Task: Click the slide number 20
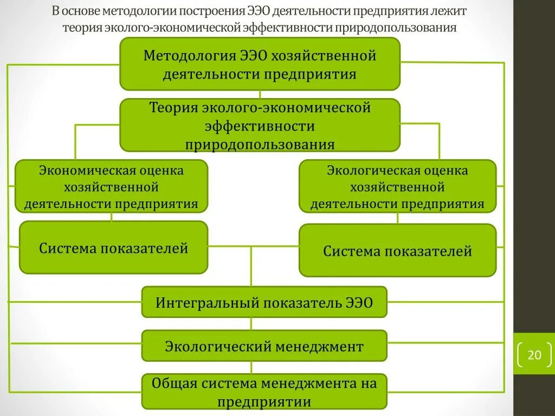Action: point(534,355)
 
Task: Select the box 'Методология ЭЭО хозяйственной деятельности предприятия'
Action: point(260,64)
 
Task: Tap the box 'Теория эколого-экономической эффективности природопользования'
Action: point(260,125)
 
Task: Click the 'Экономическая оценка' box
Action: point(111,186)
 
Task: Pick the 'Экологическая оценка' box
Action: point(397,186)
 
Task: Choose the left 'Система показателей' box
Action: point(113,248)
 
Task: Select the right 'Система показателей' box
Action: point(397,250)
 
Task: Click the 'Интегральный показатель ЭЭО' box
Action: point(264,302)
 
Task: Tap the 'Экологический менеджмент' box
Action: point(264,346)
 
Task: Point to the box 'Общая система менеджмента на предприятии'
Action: point(264,392)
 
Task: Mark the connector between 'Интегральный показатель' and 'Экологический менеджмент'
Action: point(251,323)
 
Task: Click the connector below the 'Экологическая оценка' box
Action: point(397,218)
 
